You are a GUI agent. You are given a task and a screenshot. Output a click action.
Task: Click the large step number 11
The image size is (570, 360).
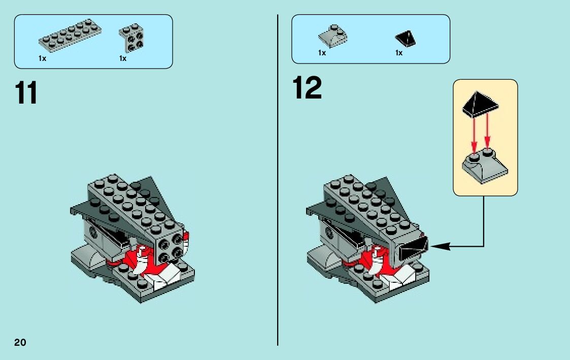[x=26, y=93]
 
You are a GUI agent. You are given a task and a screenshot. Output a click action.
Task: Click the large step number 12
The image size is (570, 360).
[x=307, y=88]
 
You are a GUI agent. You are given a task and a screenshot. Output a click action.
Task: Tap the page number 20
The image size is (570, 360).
[x=20, y=342]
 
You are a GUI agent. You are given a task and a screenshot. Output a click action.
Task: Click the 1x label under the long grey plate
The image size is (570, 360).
[x=42, y=58]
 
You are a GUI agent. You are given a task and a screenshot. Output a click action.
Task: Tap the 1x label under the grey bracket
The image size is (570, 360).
[x=123, y=58]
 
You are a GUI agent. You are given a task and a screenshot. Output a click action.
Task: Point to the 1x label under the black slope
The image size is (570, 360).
[x=399, y=53]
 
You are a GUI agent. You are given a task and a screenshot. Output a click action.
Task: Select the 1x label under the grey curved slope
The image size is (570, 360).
[x=322, y=53]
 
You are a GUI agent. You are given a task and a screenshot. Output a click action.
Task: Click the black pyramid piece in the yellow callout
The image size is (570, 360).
[x=480, y=104]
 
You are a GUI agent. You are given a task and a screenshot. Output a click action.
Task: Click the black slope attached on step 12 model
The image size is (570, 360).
[x=414, y=249]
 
